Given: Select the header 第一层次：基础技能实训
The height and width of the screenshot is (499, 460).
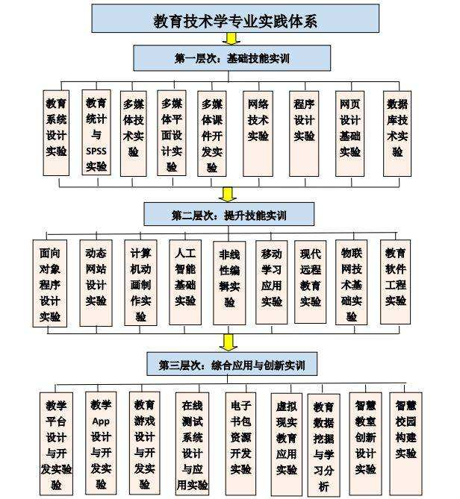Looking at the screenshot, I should pyautogui.click(x=231, y=57).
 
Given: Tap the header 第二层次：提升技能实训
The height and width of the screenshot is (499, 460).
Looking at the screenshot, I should pyautogui.click(x=229, y=215).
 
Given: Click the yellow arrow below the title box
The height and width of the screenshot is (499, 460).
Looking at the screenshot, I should pyautogui.click(x=231, y=39).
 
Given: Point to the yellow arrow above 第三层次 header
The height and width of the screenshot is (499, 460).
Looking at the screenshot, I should pyautogui.click(x=229, y=342).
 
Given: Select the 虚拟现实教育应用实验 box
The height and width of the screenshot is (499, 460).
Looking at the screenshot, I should pyautogui.click(x=286, y=440).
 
